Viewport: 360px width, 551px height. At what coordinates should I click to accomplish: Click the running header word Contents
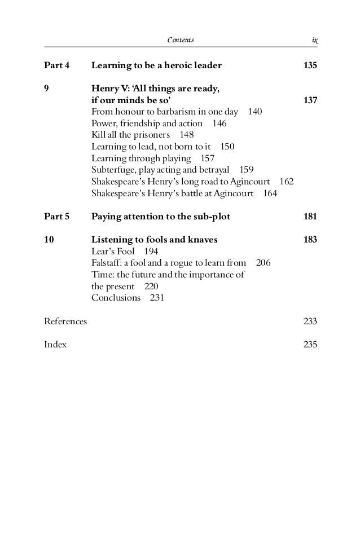click(x=181, y=40)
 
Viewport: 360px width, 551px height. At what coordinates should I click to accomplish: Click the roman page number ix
click(x=314, y=40)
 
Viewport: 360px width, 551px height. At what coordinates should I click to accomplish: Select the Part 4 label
click(x=56, y=65)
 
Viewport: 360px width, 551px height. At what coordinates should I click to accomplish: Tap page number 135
click(x=310, y=65)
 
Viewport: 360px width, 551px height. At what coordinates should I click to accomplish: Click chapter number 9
click(x=47, y=89)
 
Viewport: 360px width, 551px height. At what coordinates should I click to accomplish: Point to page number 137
click(x=310, y=100)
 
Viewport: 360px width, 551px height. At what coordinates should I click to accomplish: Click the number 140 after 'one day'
click(x=254, y=112)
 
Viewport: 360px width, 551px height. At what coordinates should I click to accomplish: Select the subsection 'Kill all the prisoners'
click(x=130, y=135)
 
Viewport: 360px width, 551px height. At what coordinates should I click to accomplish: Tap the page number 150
click(x=227, y=147)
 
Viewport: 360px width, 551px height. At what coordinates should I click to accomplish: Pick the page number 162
click(x=287, y=182)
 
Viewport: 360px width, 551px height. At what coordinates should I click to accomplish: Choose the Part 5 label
click(x=56, y=216)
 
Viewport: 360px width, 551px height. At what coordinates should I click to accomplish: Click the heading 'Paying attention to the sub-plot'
click(x=161, y=216)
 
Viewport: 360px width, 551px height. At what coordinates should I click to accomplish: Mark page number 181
click(x=310, y=216)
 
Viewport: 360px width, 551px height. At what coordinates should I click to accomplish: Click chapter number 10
click(x=49, y=240)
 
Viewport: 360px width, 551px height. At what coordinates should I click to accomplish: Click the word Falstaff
click(x=107, y=263)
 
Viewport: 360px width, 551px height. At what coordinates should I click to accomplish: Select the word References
click(x=65, y=321)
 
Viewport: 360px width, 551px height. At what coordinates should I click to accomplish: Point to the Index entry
click(x=55, y=345)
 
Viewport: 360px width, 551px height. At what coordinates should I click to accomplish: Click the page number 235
click(x=310, y=345)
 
